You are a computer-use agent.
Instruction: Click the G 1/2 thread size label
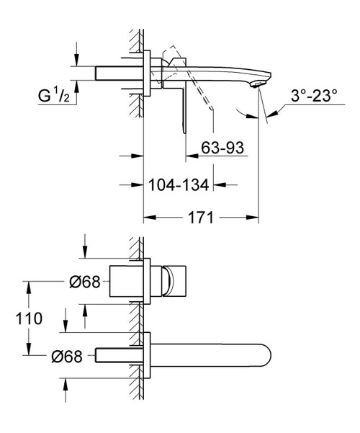(53, 95)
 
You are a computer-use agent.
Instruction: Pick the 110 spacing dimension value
(29, 318)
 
